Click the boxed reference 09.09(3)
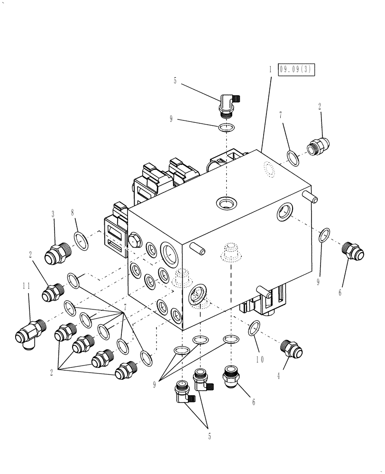pos(297,70)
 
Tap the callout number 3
pos(53,215)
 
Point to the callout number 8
pos(73,214)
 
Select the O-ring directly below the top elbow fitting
pos(227,127)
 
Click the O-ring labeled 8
pos(82,241)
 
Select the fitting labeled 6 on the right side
pos(353,251)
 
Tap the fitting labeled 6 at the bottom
pos(231,376)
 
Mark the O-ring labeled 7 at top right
pos(293,157)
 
